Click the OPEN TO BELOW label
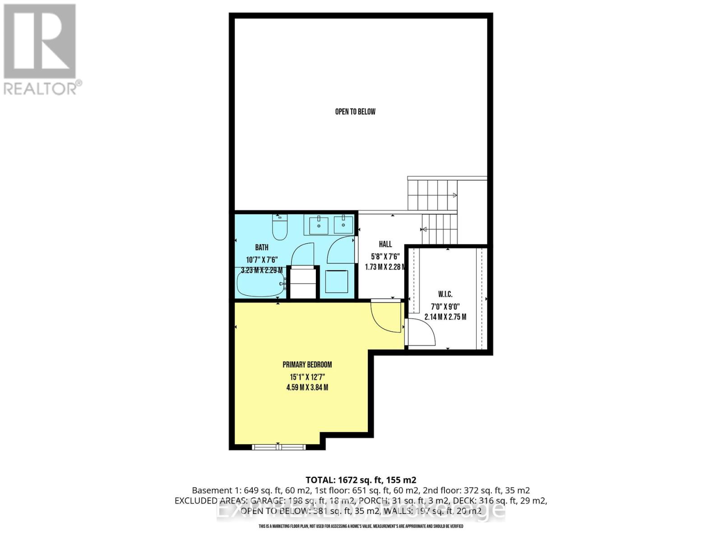click(x=355, y=112)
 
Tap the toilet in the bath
click(x=280, y=228)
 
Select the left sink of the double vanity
click(x=319, y=225)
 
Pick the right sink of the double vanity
click(x=343, y=225)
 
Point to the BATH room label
click(x=262, y=248)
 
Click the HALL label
click(x=385, y=244)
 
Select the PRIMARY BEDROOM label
click(x=307, y=365)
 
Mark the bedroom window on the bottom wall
click(x=279, y=447)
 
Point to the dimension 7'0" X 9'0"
click(x=445, y=306)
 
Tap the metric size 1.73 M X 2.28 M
click(x=385, y=267)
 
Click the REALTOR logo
click(x=41, y=50)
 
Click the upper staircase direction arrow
click(x=455, y=195)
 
